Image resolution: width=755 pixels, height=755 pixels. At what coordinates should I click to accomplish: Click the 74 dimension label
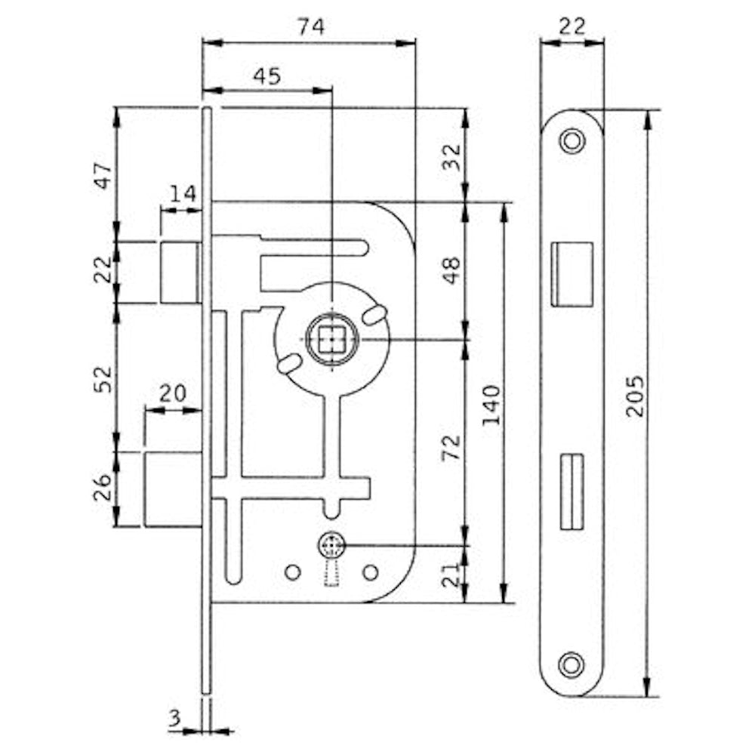(311, 26)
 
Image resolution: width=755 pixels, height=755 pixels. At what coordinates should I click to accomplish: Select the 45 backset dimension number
(267, 76)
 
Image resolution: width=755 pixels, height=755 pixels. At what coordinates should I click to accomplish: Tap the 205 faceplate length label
(634, 396)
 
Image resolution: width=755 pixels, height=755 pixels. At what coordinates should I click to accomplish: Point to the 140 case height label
(492, 405)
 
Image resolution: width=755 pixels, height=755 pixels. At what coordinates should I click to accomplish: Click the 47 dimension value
(103, 175)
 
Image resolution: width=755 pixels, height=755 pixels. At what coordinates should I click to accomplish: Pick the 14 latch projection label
(183, 193)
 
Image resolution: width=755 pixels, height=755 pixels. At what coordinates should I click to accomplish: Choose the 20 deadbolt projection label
(172, 393)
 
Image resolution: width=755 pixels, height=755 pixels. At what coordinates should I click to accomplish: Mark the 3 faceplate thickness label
(174, 719)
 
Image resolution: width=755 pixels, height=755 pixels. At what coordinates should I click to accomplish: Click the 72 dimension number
(451, 447)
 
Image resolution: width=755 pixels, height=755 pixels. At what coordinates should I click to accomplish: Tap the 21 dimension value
(451, 575)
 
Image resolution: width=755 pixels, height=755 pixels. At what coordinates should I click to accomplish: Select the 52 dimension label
(103, 379)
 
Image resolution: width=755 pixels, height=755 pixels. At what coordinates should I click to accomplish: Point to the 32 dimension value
(451, 157)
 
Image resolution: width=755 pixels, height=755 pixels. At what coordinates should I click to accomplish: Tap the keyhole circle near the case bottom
(331, 546)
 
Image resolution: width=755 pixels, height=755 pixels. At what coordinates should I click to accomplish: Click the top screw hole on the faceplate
(572, 141)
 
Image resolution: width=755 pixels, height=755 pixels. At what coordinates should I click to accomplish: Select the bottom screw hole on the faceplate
(572, 665)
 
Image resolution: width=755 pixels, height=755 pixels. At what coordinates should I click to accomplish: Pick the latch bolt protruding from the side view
(180, 273)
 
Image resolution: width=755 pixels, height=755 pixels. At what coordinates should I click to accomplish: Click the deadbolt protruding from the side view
(173, 489)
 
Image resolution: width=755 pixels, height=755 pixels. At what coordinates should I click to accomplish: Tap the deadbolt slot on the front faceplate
(572, 492)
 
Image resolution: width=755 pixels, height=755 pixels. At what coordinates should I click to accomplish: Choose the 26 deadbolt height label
(103, 488)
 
